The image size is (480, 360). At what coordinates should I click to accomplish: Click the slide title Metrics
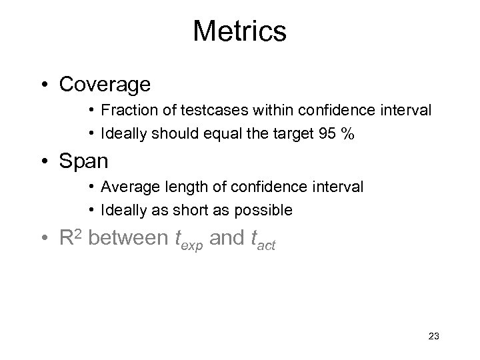pos(239,31)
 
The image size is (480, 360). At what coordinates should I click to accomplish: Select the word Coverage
pos(105,85)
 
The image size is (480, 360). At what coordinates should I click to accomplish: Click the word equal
pos(215,133)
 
